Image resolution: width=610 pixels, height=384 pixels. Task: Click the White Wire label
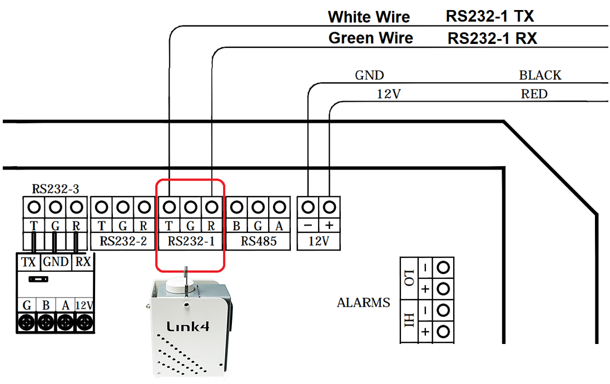(x=369, y=17)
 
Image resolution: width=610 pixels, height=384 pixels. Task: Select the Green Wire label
(x=370, y=38)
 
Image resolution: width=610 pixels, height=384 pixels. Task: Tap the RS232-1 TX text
(x=489, y=16)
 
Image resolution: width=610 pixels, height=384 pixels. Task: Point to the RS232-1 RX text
(x=492, y=38)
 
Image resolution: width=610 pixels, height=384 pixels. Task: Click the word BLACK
(x=540, y=75)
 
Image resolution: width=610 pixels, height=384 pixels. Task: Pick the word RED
(x=534, y=94)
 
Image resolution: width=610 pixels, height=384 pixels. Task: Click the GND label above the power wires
(x=369, y=75)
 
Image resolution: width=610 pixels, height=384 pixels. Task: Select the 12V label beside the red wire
(x=389, y=94)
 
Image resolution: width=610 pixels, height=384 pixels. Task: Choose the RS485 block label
(x=258, y=242)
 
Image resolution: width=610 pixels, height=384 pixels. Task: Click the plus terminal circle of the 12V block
(x=329, y=207)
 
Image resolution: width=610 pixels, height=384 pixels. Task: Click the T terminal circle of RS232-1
(x=169, y=207)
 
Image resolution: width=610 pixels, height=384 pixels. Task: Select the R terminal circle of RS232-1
(x=211, y=207)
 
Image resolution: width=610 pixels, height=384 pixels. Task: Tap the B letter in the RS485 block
(x=237, y=226)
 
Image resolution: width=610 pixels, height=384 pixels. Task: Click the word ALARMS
(x=363, y=303)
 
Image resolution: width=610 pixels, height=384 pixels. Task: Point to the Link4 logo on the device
(x=189, y=326)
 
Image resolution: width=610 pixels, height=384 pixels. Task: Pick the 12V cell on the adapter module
(x=84, y=305)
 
